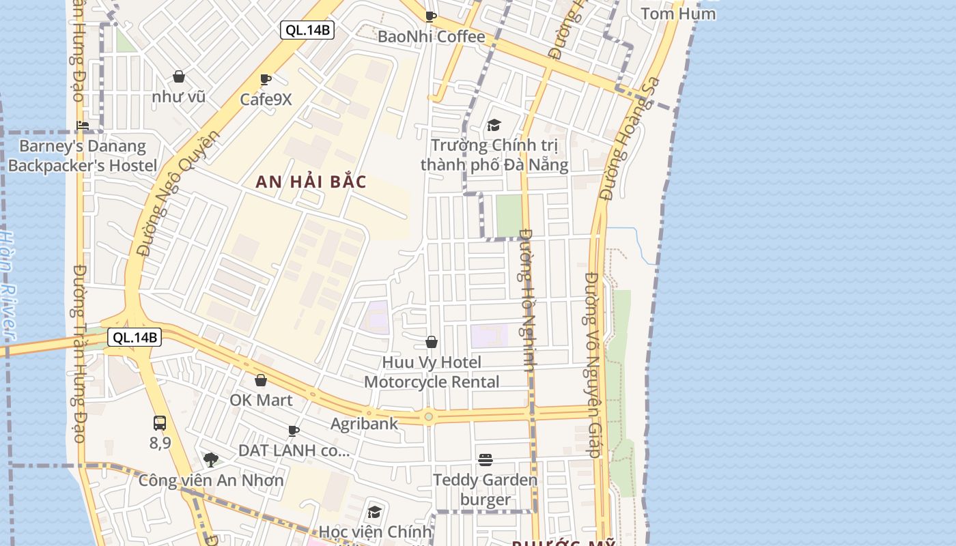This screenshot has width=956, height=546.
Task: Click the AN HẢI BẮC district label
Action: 311,182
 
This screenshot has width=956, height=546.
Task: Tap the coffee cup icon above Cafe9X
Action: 266,79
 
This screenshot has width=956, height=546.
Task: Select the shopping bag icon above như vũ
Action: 179,76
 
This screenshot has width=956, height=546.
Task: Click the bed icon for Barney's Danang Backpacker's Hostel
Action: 83,125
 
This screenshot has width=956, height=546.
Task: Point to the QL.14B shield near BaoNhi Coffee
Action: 307,30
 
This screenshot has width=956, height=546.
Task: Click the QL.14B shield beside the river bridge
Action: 135,337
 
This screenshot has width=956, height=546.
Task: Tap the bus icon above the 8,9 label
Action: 159,422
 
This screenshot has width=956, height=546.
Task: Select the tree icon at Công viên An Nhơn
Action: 211,459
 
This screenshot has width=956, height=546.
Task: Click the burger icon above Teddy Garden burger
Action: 486,459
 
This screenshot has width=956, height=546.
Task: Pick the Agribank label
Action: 364,423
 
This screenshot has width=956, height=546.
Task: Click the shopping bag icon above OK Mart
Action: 261,380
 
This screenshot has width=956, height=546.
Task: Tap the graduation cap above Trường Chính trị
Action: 494,125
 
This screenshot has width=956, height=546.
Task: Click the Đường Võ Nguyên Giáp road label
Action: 593,364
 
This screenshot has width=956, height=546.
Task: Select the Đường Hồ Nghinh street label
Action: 526,300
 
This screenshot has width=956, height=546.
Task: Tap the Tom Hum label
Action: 678,14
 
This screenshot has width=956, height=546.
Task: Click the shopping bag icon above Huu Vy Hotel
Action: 432,341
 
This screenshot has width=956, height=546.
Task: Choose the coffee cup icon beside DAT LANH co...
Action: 294,430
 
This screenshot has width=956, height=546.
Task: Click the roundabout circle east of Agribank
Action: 428,416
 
